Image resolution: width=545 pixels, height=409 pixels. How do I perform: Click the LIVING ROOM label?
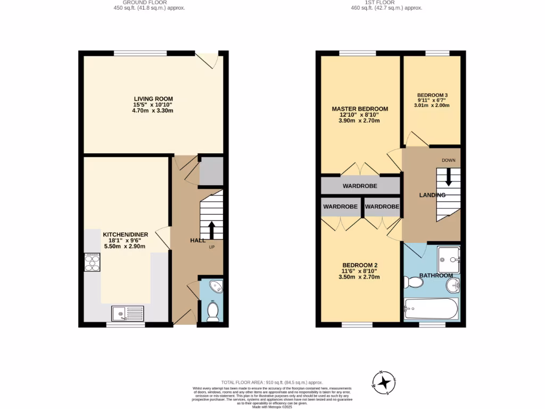click(153, 99)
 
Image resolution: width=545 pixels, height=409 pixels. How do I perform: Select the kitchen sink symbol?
click(128, 313)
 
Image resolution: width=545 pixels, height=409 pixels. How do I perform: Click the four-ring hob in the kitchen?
click(92, 263)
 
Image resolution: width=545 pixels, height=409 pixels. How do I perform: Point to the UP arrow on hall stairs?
click(211, 230)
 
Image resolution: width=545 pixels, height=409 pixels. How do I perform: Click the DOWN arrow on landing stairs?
click(448, 177)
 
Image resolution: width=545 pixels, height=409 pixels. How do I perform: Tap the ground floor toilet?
click(213, 311)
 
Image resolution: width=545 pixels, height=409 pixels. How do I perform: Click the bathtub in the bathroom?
click(431, 308)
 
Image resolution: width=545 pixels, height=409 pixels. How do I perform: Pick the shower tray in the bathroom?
click(448, 259)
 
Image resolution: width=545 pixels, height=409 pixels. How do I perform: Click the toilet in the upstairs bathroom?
click(413, 282)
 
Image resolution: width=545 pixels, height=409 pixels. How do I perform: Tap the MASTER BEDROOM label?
click(360, 109)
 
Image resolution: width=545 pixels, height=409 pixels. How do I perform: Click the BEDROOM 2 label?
click(360, 265)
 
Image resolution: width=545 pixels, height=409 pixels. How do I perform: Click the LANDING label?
click(432, 195)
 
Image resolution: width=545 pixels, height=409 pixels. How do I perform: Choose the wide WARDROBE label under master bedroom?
click(360, 186)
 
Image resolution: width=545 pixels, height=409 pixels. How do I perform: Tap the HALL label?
click(198, 241)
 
